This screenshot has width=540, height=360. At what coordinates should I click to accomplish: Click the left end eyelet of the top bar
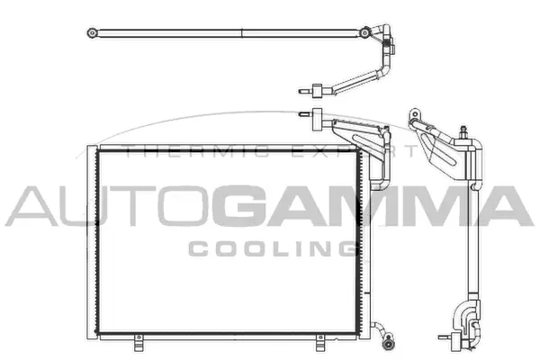point(92,33)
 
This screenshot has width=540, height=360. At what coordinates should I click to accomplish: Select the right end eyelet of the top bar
point(363,33)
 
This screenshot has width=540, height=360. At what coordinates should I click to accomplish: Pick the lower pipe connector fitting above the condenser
point(317,113)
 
